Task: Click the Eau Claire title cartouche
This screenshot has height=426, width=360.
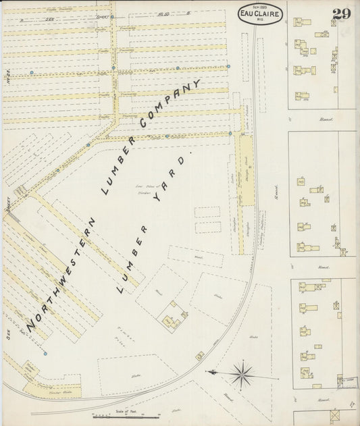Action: coord(259,11)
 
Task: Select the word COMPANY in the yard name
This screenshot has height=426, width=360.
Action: coord(170,105)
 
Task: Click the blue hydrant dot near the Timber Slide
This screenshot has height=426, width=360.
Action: coord(45,353)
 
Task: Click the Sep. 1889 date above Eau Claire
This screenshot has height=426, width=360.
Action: coord(259,4)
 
